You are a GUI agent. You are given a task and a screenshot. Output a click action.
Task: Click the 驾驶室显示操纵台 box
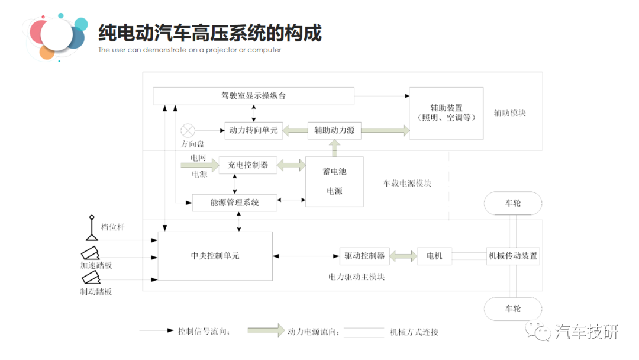(x=253, y=96)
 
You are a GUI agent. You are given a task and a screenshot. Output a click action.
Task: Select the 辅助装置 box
(x=446, y=113)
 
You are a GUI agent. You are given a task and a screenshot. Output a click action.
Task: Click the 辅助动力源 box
(x=334, y=130)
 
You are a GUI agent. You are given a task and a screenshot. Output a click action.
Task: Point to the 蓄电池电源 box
(x=334, y=181)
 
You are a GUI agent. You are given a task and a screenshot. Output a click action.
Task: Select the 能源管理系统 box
(x=234, y=202)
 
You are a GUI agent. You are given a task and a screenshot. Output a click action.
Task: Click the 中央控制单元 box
(x=215, y=256)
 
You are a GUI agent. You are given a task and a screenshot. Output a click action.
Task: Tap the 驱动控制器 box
(x=364, y=256)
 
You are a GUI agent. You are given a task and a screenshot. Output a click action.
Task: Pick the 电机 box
(x=434, y=256)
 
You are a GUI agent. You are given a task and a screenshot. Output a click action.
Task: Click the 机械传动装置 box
(x=512, y=256)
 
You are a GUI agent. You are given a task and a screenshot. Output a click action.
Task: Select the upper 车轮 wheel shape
(x=512, y=203)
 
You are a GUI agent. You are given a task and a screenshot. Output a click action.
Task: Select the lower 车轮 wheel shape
(x=512, y=308)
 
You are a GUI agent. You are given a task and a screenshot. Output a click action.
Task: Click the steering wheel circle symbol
(x=188, y=130)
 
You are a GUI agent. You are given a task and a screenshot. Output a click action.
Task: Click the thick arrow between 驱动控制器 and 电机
(x=403, y=256)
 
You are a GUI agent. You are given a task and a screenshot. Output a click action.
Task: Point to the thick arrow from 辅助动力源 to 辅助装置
(x=385, y=130)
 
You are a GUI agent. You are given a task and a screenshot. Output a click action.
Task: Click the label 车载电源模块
(x=407, y=184)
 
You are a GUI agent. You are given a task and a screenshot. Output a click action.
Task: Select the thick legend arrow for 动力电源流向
(x=266, y=331)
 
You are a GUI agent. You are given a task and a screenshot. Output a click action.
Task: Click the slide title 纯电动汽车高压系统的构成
(x=209, y=33)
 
